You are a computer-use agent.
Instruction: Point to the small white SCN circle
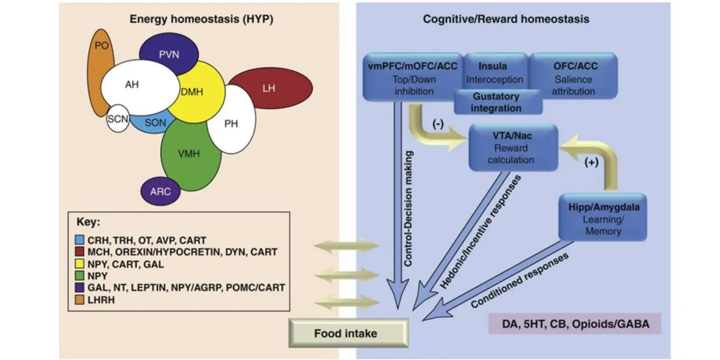pos(117,118)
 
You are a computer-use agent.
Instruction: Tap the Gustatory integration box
pos(497,102)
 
